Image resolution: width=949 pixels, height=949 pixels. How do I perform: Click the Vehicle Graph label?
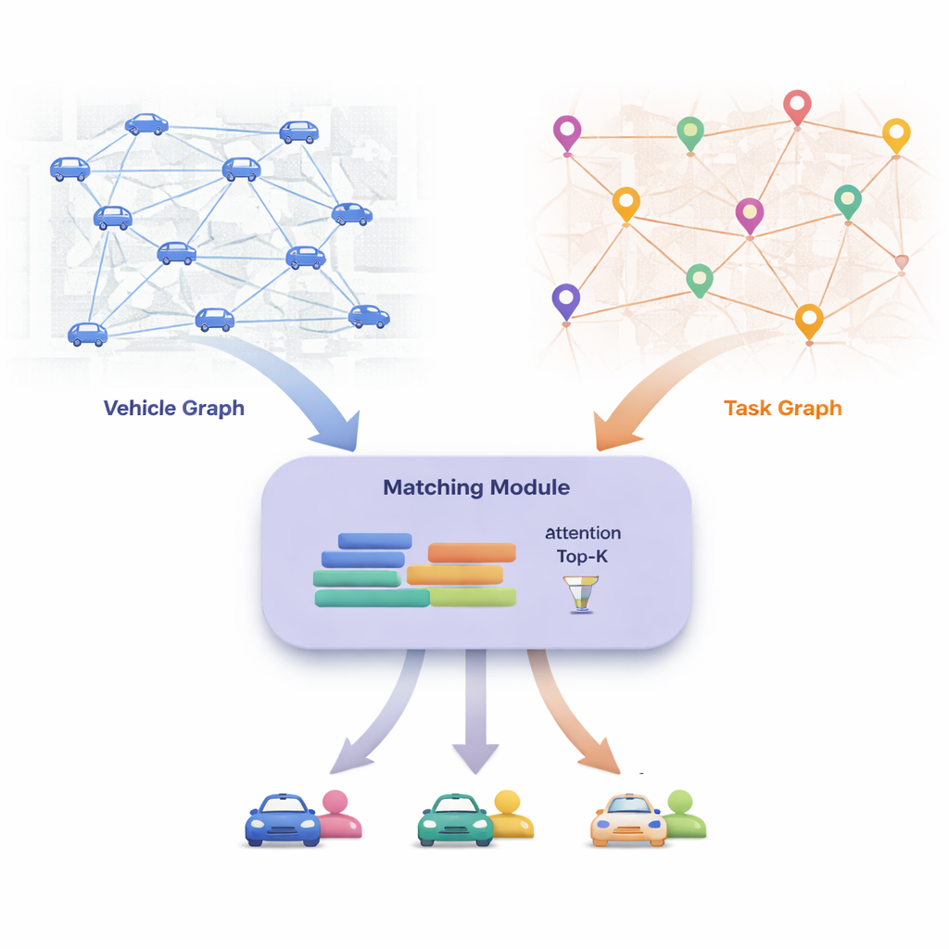pos(174,408)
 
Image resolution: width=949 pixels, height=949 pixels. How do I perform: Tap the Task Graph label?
pos(783,408)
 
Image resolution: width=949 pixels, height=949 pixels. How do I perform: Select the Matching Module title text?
pos(476,487)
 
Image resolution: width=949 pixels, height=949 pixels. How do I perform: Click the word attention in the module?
pos(583,534)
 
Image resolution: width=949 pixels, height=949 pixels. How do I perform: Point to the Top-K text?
pos(583,556)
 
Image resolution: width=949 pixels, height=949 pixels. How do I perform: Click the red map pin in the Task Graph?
pos(797,108)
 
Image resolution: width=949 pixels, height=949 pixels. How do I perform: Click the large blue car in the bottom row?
pos(283,820)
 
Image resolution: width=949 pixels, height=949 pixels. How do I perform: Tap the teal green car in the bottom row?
pos(454,820)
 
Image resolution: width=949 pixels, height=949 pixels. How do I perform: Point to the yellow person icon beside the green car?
pos(510,814)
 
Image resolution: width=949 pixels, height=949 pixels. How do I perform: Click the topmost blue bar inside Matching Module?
pos(375,541)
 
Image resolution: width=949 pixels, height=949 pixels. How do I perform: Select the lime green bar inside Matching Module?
pos(473,598)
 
